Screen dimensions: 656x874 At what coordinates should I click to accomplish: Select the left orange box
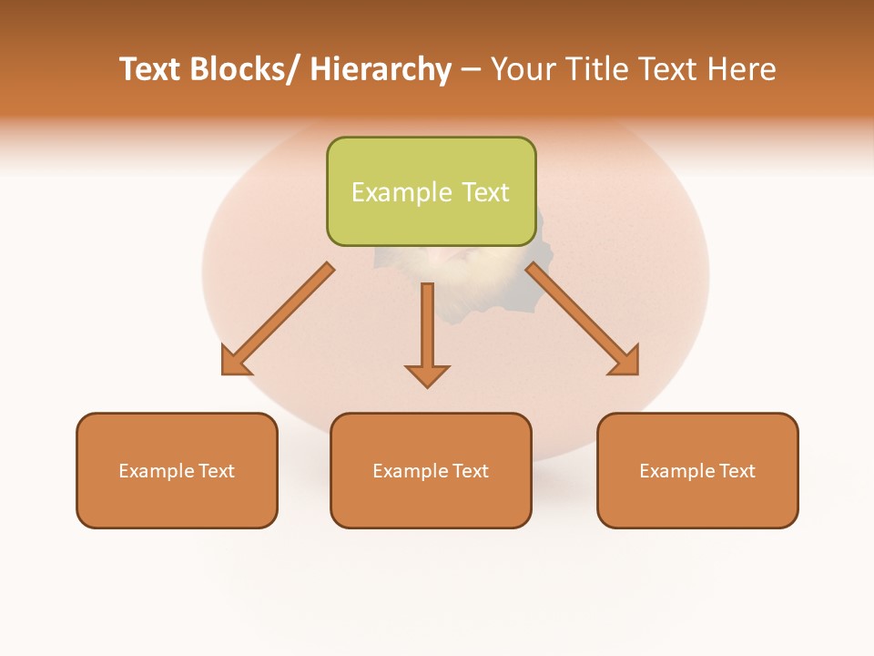pyautogui.click(x=177, y=470)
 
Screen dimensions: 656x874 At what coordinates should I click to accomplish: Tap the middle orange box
pyautogui.click(x=431, y=470)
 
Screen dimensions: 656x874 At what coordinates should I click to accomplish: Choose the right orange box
pyautogui.click(x=697, y=470)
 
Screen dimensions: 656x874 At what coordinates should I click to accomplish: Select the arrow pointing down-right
pyautogui.click(x=583, y=319)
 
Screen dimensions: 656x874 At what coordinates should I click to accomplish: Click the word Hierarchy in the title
pyautogui.click(x=381, y=69)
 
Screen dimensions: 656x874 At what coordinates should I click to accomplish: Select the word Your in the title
pyautogui.click(x=523, y=69)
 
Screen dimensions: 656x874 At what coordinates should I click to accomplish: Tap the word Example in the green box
pyautogui.click(x=401, y=192)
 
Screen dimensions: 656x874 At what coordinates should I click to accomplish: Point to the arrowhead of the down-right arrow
pyautogui.click(x=626, y=363)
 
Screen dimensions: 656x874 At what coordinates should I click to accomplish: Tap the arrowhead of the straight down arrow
pyautogui.click(x=427, y=375)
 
